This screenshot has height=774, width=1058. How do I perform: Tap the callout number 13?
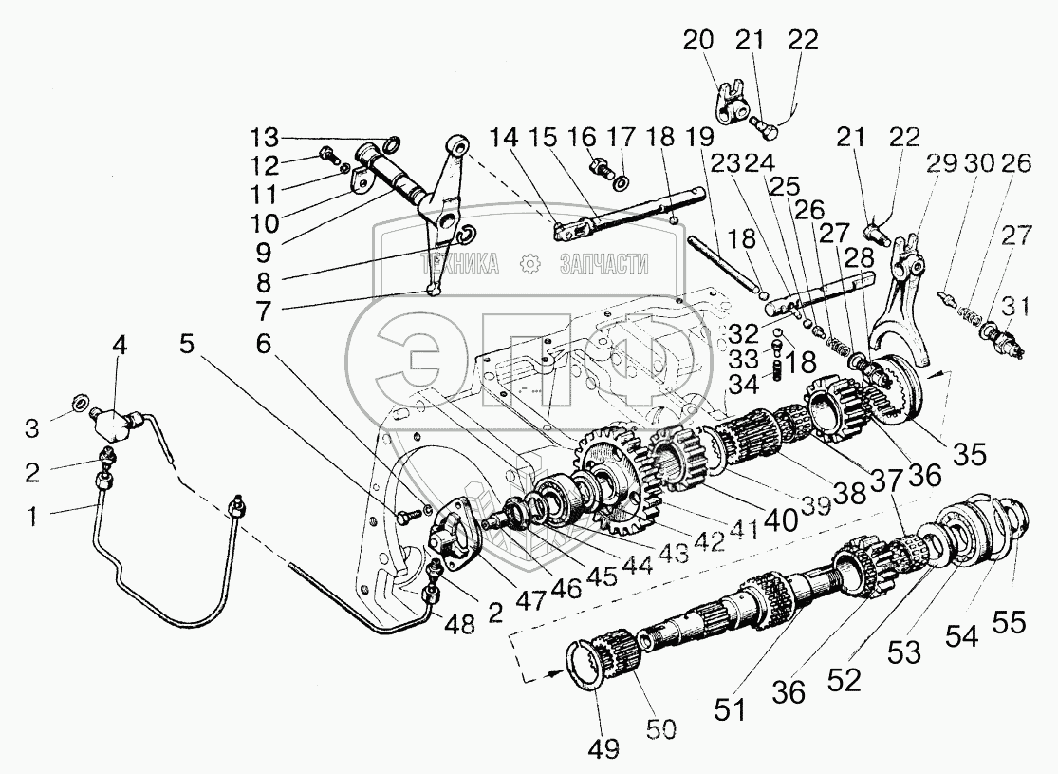(267, 132)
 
